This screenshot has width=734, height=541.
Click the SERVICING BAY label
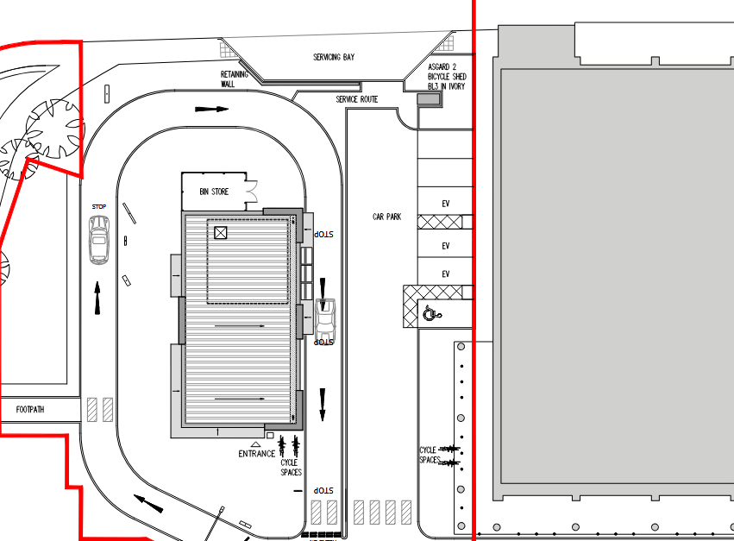click(x=334, y=57)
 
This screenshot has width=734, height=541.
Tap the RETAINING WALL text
click(x=233, y=79)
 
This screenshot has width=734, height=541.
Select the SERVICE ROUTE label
click(x=357, y=99)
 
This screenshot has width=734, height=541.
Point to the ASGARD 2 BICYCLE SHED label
click(x=448, y=77)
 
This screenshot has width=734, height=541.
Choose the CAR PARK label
click(x=386, y=217)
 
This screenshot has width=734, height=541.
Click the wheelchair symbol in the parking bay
click(x=430, y=314)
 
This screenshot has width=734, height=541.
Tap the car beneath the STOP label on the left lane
click(x=99, y=240)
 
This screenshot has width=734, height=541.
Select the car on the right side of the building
click(x=324, y=318)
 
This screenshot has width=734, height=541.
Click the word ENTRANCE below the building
click(x=257, y=454)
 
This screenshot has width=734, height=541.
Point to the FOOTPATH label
click(x=30, y=409)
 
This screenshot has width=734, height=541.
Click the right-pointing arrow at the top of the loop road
click(x=211, y=110)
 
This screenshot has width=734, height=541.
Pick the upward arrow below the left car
click(x=97, y=298)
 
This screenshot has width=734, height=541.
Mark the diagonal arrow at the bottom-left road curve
click(x=147, y=502)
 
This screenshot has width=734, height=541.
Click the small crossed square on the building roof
click(x=220, y=233)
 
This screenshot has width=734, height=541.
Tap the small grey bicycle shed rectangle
click(x=428, y=101)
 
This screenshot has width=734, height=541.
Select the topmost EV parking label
click(x=446, y=204)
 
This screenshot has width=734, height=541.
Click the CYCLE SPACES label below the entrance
click(x=292, y=468)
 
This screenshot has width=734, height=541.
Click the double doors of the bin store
click(x=252, y=191)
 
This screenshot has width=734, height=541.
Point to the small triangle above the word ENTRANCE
click(x=255, y=443)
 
